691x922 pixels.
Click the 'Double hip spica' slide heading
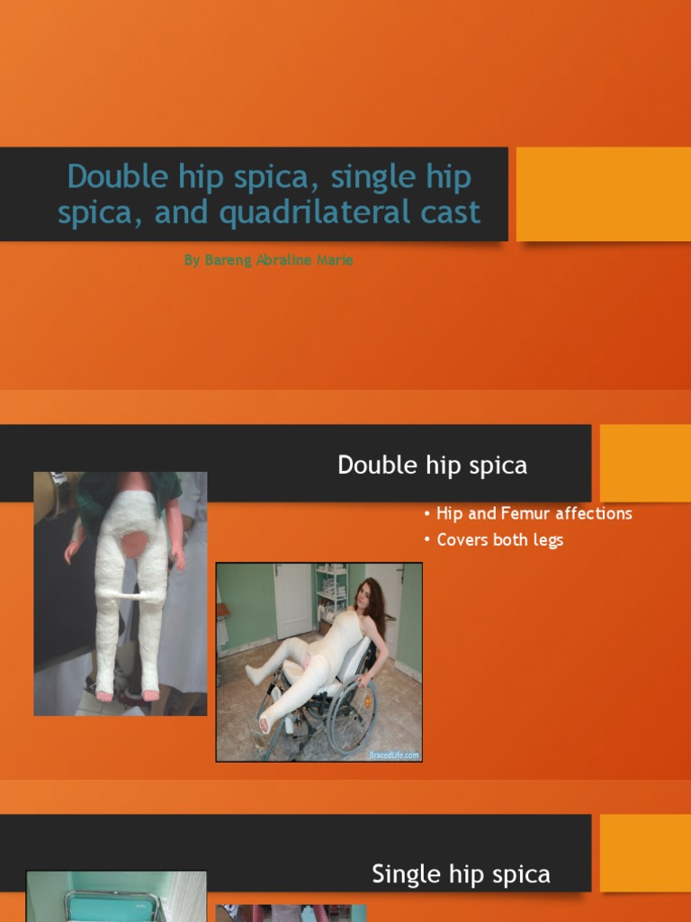[432, 466]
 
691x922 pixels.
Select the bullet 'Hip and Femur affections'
[534, 513]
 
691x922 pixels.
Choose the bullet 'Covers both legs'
[499, 540]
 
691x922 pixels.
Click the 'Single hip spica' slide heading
[461, 873]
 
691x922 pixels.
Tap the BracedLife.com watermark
[393, 755]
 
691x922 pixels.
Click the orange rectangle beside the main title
[603, 194]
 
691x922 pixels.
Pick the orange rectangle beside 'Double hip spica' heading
[645, 463]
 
